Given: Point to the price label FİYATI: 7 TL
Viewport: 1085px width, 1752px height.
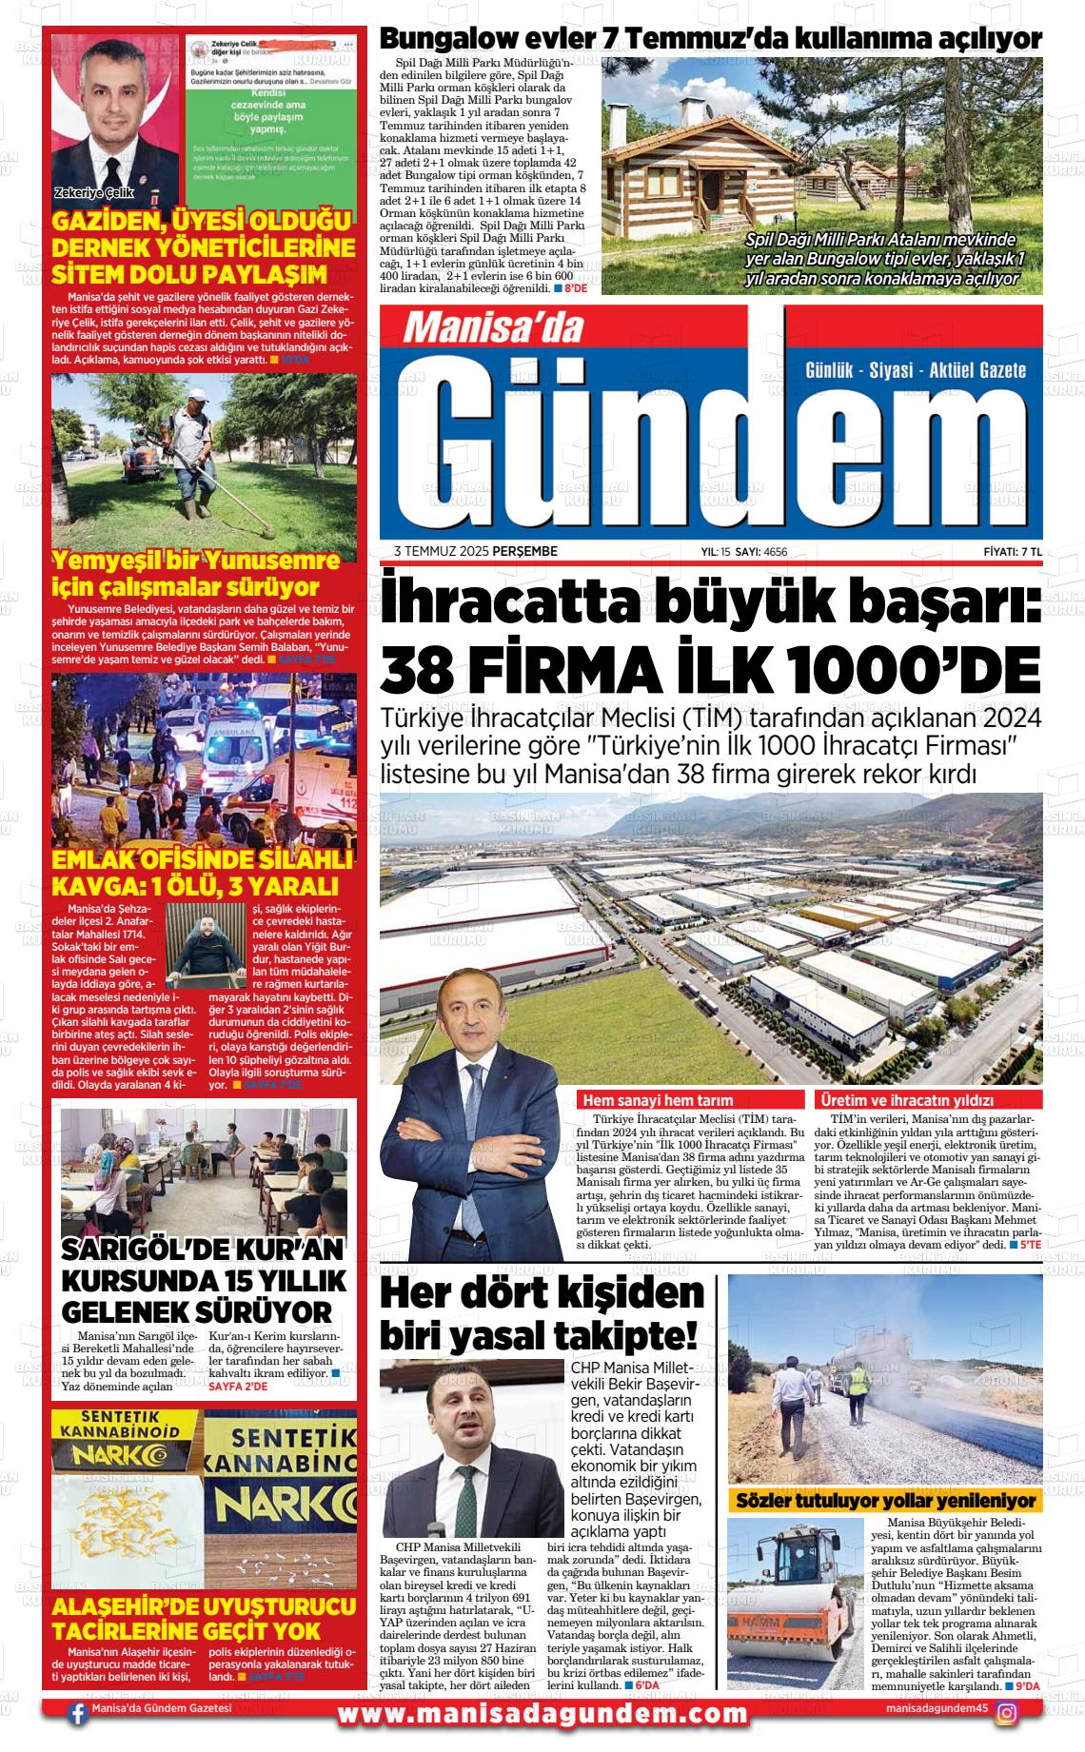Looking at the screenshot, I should [x=1013, y=552].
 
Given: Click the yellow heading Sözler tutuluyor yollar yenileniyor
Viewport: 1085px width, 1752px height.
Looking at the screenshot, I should [x=885, y=1501].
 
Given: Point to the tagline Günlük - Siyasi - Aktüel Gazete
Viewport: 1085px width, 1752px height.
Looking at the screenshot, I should [x=915, y=369].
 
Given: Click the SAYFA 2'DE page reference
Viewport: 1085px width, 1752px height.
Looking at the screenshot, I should [x=238, y=1387].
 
